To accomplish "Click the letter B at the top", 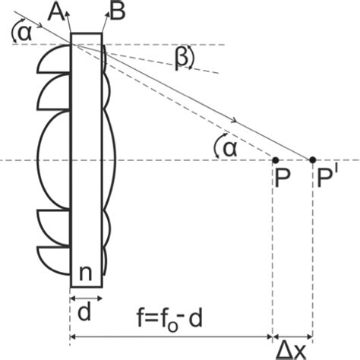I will click(x=118, y=11).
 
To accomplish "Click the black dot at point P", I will click(x=275, y=160).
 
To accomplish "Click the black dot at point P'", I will click(x=312, y=160).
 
